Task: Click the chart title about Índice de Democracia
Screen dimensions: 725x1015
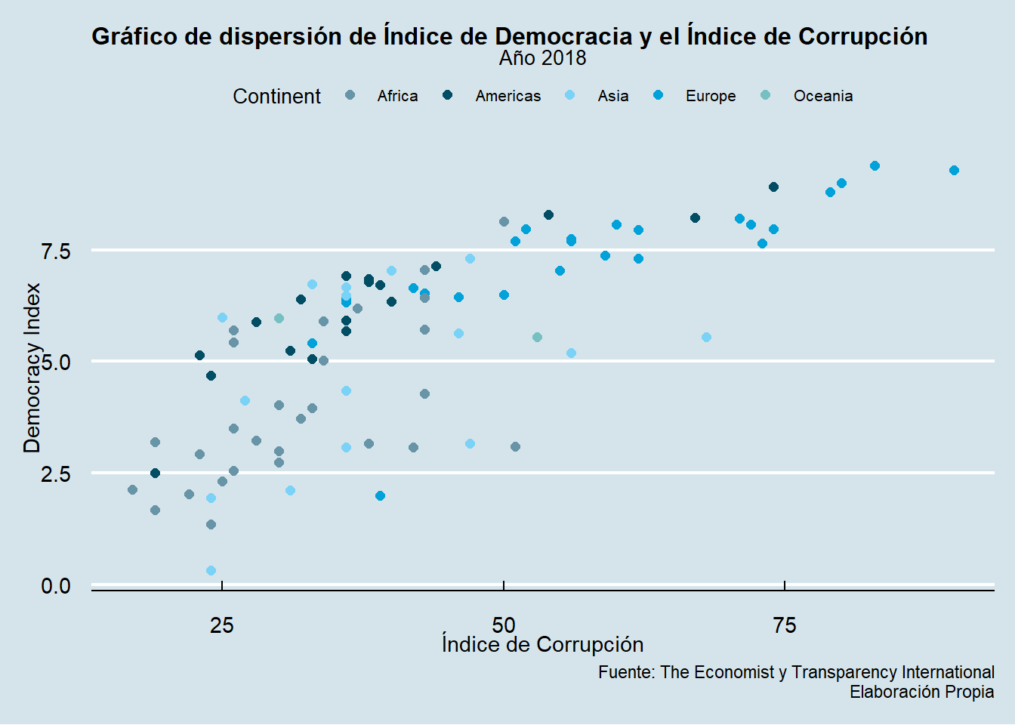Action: coord(509,36)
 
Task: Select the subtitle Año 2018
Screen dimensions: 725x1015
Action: coord(542,58)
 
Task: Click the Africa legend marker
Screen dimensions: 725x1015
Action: coord(350,96)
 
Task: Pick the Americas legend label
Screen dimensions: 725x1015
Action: coord(507,96)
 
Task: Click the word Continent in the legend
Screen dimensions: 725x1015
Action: coord(276,97)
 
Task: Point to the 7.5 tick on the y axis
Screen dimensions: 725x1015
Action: coord(56,251)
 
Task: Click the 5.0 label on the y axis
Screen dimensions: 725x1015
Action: coord(56,362)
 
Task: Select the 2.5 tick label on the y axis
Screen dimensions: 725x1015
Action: coord(56,474)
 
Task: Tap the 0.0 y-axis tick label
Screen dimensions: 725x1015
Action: coord(56,586)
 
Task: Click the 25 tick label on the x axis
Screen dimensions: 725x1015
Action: coord(221,625)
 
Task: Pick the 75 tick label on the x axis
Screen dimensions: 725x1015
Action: coord(785,625)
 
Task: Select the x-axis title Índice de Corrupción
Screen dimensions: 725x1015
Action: coord(542,645)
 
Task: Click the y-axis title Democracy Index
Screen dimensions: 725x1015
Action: coord(32,368)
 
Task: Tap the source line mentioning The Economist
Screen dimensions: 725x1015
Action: coord(796,672)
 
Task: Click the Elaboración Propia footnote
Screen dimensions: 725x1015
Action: coord(921,692)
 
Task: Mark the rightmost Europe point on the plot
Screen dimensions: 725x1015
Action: coord(954,170)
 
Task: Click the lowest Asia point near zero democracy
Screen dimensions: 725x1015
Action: coord(211,570)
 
